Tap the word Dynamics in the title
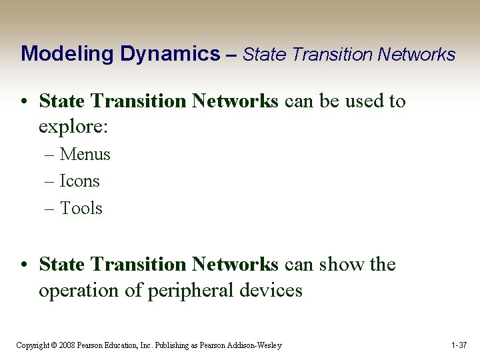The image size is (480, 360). coord(171,54)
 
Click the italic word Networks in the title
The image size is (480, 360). coord(416,54)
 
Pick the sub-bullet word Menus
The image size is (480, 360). coord(85,155)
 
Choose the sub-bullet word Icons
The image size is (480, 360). coord(79,181)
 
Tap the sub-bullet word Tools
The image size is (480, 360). coord(81,209)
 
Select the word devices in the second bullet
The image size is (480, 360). coord(273,291)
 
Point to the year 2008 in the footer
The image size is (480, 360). coord(65,345)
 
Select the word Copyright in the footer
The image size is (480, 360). coord(32,345)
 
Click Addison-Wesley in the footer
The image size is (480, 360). coord(255,345)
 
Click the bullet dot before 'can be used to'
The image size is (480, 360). coord(23,102)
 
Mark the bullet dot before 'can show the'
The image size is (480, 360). coord(23,265)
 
